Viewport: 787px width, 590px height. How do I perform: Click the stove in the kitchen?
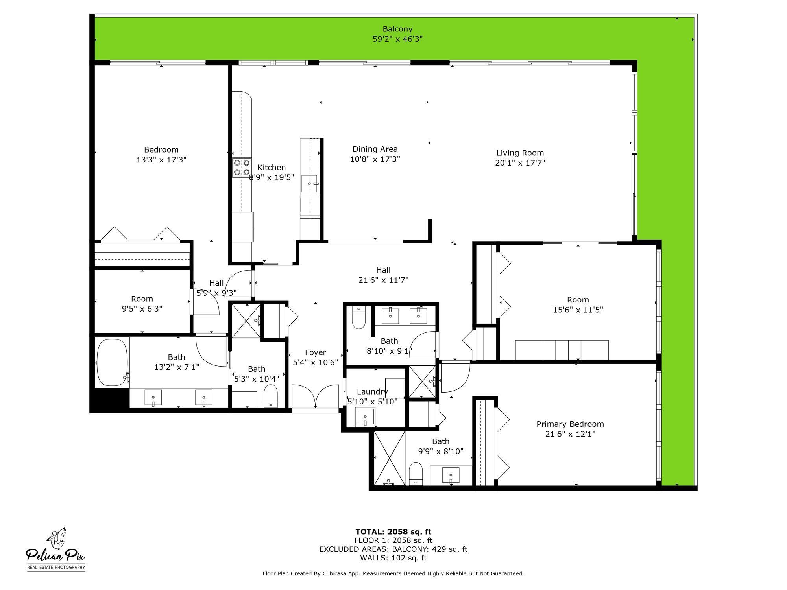click(242, 167)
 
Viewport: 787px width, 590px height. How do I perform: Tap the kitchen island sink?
click(310, 184)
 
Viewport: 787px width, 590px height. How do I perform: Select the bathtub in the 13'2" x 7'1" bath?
click(112, 362)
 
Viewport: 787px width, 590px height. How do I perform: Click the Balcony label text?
click(397, 29)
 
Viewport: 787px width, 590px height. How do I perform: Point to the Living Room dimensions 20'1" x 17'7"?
click(520, 163)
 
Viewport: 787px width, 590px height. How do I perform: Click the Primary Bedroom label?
click(570, 424)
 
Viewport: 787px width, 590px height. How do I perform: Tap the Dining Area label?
click(375, 149)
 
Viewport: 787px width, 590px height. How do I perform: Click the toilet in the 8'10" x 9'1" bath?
click(358, 318)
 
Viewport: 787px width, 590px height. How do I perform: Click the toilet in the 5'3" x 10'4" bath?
click(270, 396)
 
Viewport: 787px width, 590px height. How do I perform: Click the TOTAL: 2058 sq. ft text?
click(393, 532)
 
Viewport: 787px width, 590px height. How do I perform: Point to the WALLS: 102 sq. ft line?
click(393, 558)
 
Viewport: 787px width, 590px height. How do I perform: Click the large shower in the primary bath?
click(389, 458)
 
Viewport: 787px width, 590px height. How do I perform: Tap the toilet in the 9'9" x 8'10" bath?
click(416, 474)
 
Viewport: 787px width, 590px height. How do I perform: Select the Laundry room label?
click(372, 391)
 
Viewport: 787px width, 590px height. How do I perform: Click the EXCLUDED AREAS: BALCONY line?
click(393, 549)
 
